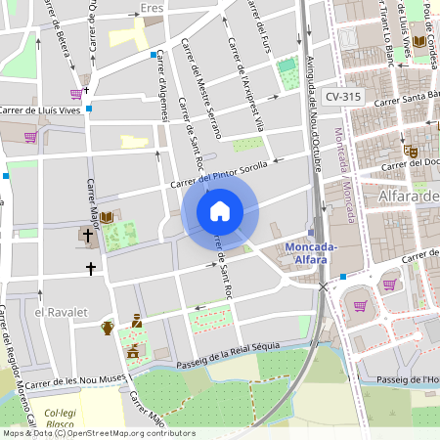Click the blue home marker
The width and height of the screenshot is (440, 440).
pyautogui.click(x=220, y=211)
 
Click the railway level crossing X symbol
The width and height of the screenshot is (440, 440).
pyautogui.click(x=323, y=286)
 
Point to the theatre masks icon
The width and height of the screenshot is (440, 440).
pyautogui.click(x=412, y=153)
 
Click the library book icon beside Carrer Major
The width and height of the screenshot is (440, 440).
pyautogui.click(x=106, y=216)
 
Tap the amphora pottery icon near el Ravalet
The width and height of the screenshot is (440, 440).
pyautogui.click(x=108, y=327)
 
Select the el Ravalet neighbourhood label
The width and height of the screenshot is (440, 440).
pyautogui.click(x=61, y=311)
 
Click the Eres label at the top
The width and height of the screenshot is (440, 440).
pyautogui.click(x=152, y=8)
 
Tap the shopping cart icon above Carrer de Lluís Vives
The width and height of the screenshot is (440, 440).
pyautogui.click(x=76, y=94)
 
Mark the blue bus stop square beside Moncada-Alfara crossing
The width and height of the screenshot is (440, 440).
pyautogui.click(x=343, y=277)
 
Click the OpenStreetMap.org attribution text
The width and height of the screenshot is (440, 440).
pyautogui.click(x=113, y=433)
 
